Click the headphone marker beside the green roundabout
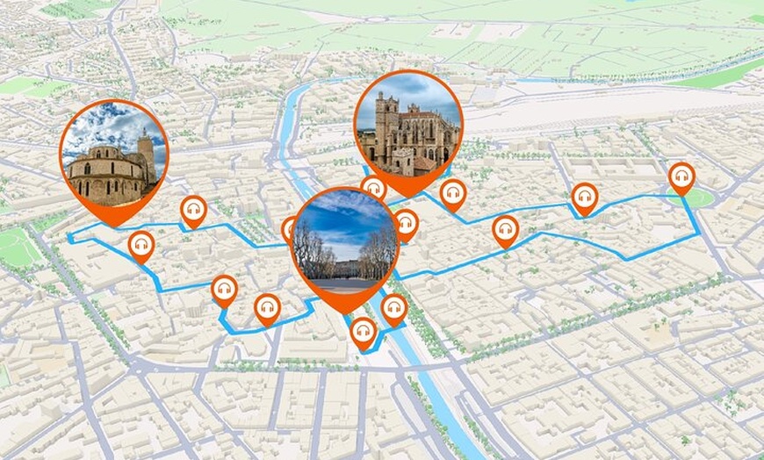tap(681, 177)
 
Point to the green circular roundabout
tap(697, 198)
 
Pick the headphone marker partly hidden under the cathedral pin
tap(374, 188)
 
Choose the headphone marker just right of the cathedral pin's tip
tap(453, 194)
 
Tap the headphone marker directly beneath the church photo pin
tap(141, 245)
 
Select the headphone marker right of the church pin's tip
tap(193, 211)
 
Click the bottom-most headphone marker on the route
tap(363, 332)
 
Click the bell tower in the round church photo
tap(145, 154)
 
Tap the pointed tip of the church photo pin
tap(113, 225)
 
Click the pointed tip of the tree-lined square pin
tap(345, 312)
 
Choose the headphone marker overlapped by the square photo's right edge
tap(405, 224)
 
